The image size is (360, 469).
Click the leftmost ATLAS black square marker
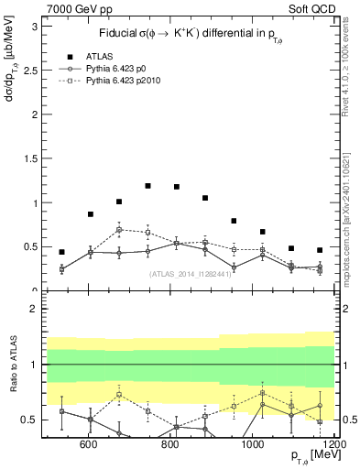(61, 252)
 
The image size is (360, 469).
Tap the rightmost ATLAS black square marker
(320, 250)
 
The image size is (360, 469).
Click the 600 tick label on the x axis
(89, 445)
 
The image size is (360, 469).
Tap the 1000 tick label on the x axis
(253, 445)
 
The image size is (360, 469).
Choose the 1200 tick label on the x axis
(333, 445)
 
